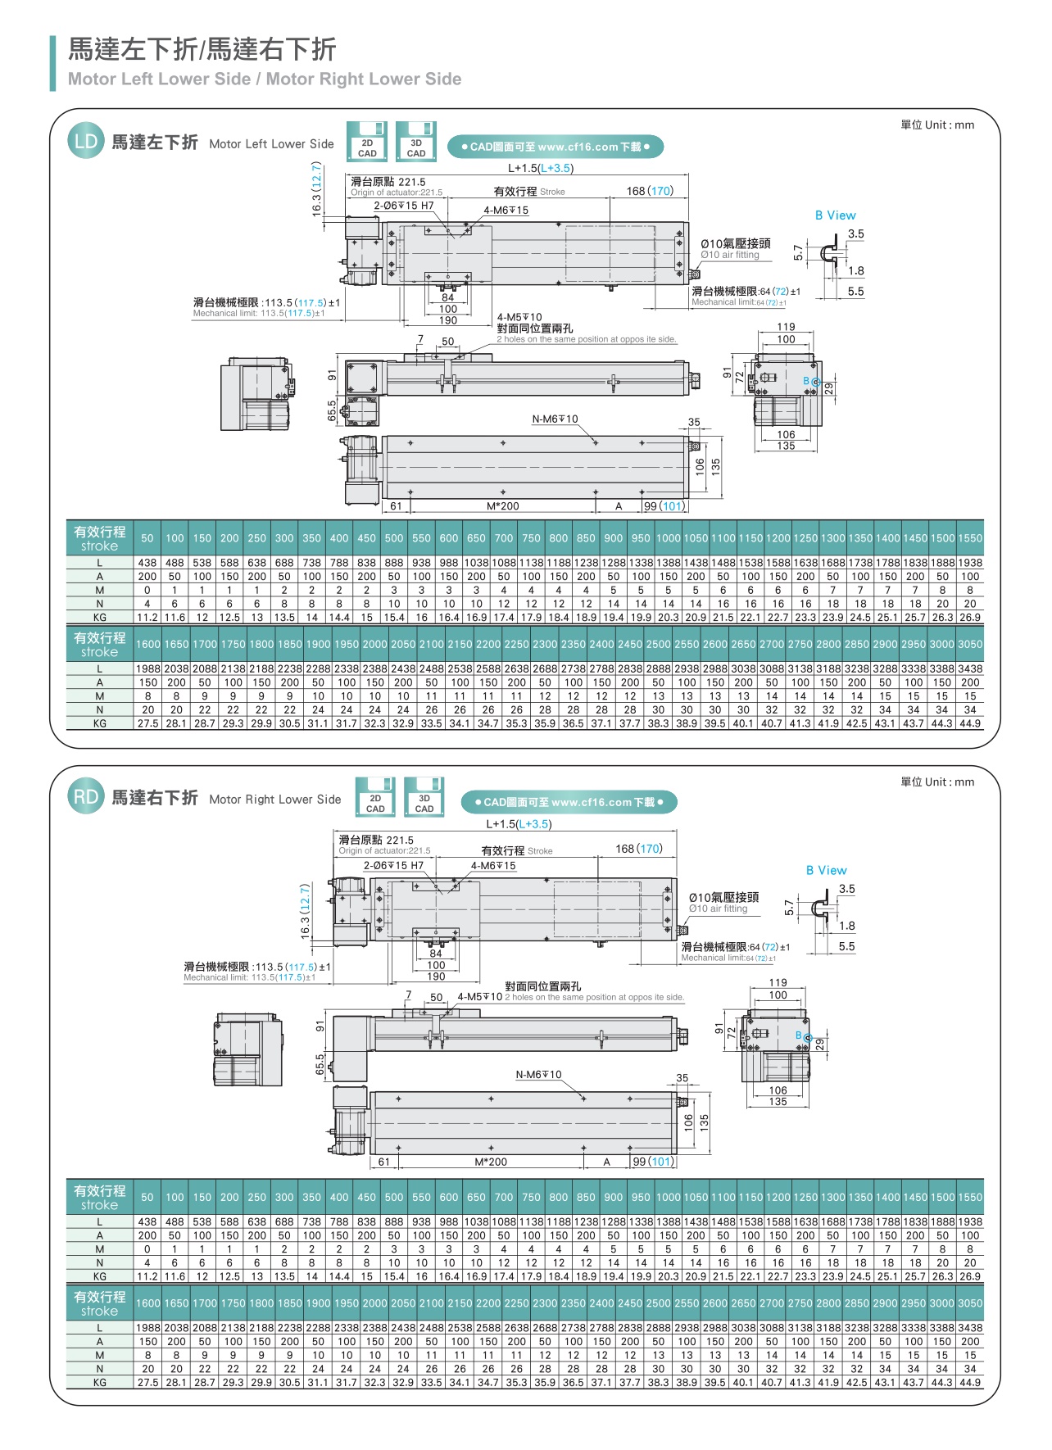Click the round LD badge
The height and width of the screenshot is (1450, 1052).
85,141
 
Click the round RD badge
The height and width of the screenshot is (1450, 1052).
85,796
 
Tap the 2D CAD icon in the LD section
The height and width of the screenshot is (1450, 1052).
367,143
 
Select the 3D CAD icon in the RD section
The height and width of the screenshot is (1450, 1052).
424,798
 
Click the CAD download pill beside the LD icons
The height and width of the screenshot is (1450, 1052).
555,147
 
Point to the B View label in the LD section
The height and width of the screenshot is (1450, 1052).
835,215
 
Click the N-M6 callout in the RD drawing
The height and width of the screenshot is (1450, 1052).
538,1074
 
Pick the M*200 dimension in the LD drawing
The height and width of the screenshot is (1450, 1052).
502,506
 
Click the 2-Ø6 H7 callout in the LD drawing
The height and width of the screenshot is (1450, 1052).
404,206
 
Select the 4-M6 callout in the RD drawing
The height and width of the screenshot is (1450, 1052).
493,866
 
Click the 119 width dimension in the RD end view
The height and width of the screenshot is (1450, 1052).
778,982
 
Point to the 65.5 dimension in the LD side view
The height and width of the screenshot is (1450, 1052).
332,410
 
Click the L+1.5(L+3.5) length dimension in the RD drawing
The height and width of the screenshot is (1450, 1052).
519,824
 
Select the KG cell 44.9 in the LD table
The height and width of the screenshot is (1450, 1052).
970,723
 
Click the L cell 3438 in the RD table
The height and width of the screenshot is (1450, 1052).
970,1328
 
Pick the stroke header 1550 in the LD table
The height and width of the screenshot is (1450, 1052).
970,538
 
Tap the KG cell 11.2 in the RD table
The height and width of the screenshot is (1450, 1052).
147,1276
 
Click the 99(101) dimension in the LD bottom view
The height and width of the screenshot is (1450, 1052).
664,506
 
